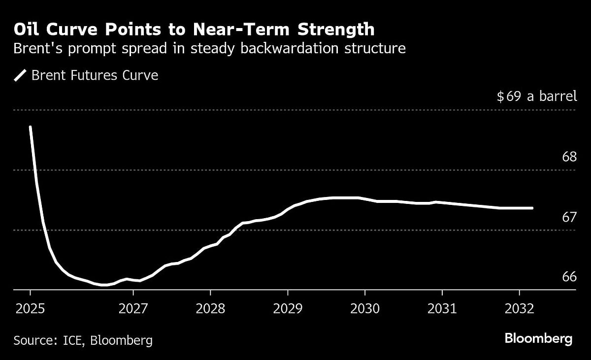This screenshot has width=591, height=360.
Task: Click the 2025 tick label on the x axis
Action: pyautogui.click(x=30, y=309)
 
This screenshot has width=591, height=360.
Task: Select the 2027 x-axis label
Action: pyautogui.click(x=133, y=309)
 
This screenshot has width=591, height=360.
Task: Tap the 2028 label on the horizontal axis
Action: pyautogui.click(x=210, y=309)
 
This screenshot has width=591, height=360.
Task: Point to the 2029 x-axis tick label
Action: pyautogui.click(x=288, y=309)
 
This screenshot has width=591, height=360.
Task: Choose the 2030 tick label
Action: pyautogui.click(x=364, y=309)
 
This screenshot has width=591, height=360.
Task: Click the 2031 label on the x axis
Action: pyautogui.click(x=442, y=309)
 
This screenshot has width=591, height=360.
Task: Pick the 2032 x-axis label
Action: pyautogui.click(x=519, y=309)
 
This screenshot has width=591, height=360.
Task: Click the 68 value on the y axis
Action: pyautogui.click(x=569, y=157)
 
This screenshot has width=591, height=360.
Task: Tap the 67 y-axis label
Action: pyautogui.click(x=569, y=217)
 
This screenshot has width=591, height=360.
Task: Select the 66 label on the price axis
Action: pyautogui.click(x=569, y=277)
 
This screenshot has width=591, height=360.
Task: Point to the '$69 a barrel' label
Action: pyautogui.click(x=536, y=96)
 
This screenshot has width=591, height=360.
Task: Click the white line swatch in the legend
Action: pyautogui.click(x=20, y=75)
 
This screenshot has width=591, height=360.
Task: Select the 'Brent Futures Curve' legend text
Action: pyautogui.click(x=95, y=75)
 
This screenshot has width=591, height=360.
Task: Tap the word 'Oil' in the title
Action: pyautogui.click(x=27, y=30)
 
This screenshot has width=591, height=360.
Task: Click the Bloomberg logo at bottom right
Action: pyautogui.click(x=538, y=339)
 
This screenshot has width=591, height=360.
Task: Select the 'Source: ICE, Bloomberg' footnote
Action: pyautogui.click(x=83, y=340)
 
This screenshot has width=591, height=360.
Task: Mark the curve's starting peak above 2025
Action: pyautogui.click(x=31, y=127)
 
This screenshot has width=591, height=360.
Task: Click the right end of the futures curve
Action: pyautogui.click(x=532, y=208)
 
